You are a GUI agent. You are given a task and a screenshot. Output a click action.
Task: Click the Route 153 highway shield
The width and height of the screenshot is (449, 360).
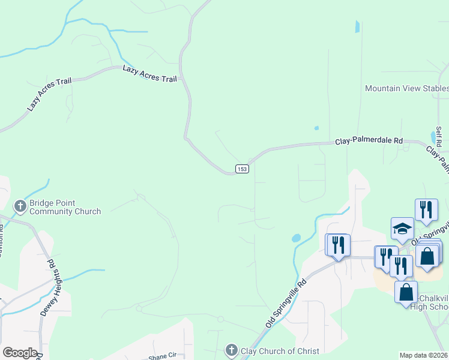[242, 169]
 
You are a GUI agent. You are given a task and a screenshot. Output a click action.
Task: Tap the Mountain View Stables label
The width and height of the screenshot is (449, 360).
[406, 89]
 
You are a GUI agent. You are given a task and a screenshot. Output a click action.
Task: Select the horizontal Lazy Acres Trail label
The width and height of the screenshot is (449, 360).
[149, 74]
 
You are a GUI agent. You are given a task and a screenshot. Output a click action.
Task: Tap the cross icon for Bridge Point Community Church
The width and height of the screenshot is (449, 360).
[20, 207]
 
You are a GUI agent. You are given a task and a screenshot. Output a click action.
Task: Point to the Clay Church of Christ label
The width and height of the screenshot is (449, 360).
[280, 350]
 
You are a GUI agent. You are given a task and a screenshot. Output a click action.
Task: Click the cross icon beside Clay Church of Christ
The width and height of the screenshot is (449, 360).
[232, 350]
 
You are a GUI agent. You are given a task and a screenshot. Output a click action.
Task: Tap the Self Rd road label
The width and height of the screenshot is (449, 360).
[439, 137]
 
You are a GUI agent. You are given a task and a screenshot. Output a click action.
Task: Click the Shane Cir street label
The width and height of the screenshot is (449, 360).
[161, 356]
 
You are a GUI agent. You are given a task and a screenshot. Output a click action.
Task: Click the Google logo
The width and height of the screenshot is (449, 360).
[20, 353]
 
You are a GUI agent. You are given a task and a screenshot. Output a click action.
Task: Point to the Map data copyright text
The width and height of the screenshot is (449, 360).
[424, 355]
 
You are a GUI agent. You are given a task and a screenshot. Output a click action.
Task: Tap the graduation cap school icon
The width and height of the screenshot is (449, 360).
[402, 228]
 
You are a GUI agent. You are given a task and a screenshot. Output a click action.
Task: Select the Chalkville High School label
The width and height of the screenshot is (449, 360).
[428, 303]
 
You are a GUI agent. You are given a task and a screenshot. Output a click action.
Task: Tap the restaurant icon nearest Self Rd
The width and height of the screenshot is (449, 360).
[426, 209]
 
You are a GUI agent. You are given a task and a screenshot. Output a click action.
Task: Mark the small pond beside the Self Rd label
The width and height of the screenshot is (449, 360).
[433, 137]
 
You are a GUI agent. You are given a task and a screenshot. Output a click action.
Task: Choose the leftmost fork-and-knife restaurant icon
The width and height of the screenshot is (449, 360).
[337, 244]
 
